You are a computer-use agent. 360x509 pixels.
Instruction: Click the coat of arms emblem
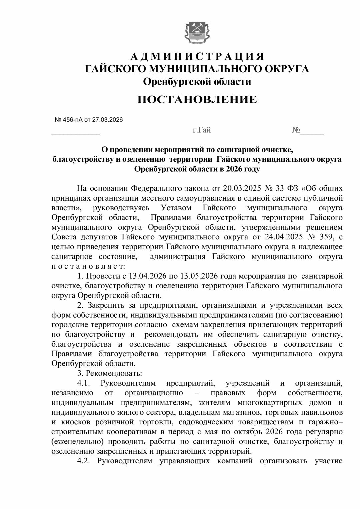197,32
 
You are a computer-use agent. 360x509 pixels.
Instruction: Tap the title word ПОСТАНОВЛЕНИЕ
197,99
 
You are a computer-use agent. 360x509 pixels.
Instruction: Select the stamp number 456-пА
73,119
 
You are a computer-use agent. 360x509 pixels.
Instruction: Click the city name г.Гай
202,130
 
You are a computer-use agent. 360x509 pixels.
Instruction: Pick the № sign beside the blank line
296,130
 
